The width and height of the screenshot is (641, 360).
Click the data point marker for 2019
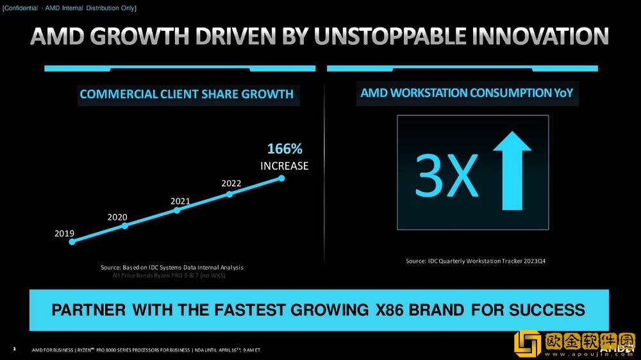[x=72, y=241]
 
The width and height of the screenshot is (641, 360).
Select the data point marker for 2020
[x=125, y=225]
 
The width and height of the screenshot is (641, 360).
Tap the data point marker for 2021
[x=177, y=209]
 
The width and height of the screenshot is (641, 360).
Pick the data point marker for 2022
[x=229, y=193]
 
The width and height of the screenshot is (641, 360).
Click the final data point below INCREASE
[x=281, y=178]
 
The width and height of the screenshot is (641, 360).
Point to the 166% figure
[x=284, y=149]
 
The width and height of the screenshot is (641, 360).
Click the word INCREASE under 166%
[x=284, y=166]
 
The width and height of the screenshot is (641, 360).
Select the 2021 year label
[x=180, y=201]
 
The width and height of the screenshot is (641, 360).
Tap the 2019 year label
[x=64, y=233]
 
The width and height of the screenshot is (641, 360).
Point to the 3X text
[x=447, y=174]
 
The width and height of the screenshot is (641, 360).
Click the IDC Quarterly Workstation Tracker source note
[x=476, y=261]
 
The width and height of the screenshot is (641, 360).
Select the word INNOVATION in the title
[x=540, y=37]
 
